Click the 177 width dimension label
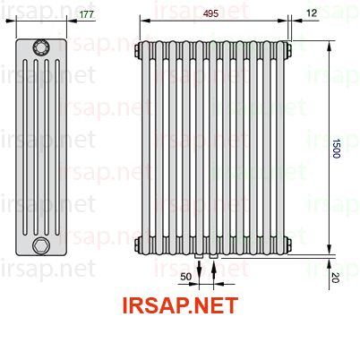(x=87, y=14)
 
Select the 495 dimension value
(x=210, y=13)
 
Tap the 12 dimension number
(x=312, y=13)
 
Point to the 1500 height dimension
(x=337, y=149)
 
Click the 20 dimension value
(x=335, y=278)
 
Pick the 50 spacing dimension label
(x=185, y=277)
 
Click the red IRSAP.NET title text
(x=180, y=305)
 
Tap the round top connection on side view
(x=41, y=47)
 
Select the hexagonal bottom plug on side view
(x=41, y=245)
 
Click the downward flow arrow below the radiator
(x=199, y=271)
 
